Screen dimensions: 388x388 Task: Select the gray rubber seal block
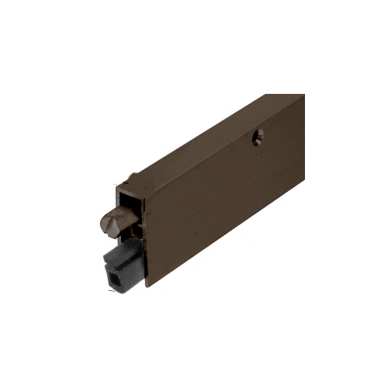(x=123, y=265)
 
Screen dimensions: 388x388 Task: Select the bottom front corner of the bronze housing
(x=145, y=286)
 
